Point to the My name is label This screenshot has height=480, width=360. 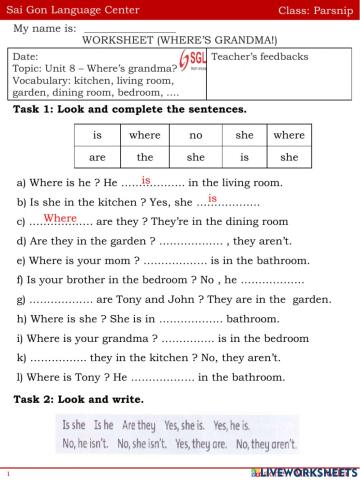[45, 29]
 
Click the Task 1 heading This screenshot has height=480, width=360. [130, 107]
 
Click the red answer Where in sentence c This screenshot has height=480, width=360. [60, 217]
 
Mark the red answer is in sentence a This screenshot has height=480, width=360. [146, 180]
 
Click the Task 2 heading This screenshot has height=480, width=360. [69, 400]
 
